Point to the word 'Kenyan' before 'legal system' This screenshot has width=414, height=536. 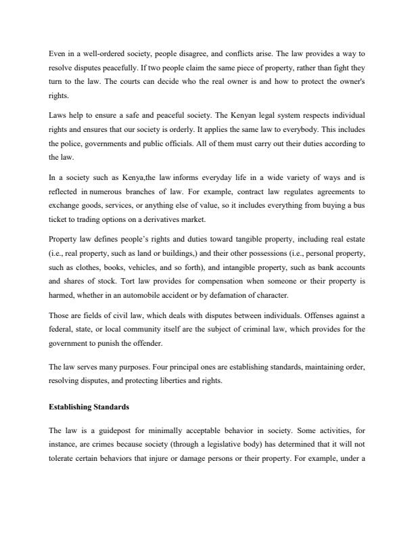pos(252,115)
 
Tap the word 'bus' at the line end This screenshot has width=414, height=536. pos(359,206)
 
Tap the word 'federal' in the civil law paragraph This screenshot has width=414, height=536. pos(62,329)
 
